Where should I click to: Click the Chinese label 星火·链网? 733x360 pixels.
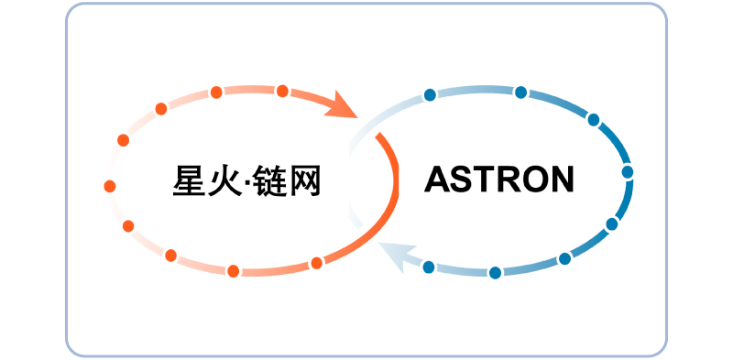tap(247, 180)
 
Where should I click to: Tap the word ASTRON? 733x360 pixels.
tap(499, 179)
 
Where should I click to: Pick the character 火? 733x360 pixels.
tap(229, 180)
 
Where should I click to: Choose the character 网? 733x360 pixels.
tap(308, 180)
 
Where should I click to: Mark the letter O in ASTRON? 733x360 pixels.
tap(531, 179)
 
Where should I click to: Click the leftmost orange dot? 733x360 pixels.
tap(110, 186)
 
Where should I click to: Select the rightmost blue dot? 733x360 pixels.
tap(628, 171)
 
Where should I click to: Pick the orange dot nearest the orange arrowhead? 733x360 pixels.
tap(282, 91)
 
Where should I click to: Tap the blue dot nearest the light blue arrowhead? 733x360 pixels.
tap(428, 267)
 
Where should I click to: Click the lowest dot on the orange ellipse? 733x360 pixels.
tap(234, 270)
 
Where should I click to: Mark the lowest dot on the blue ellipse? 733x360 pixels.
tap(495, 272)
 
